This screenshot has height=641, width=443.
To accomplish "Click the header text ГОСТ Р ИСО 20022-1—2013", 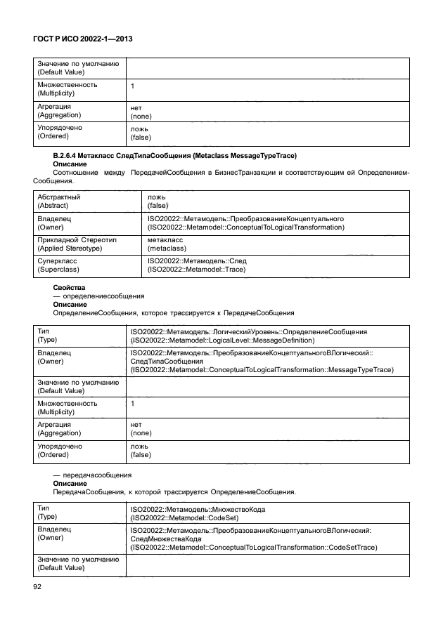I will tap(83, 41).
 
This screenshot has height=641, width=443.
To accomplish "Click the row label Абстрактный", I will tap(58, 198).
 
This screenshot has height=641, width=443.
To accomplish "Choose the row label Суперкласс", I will tap(56, 261).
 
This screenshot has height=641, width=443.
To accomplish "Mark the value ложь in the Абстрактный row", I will tap(156, 198).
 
